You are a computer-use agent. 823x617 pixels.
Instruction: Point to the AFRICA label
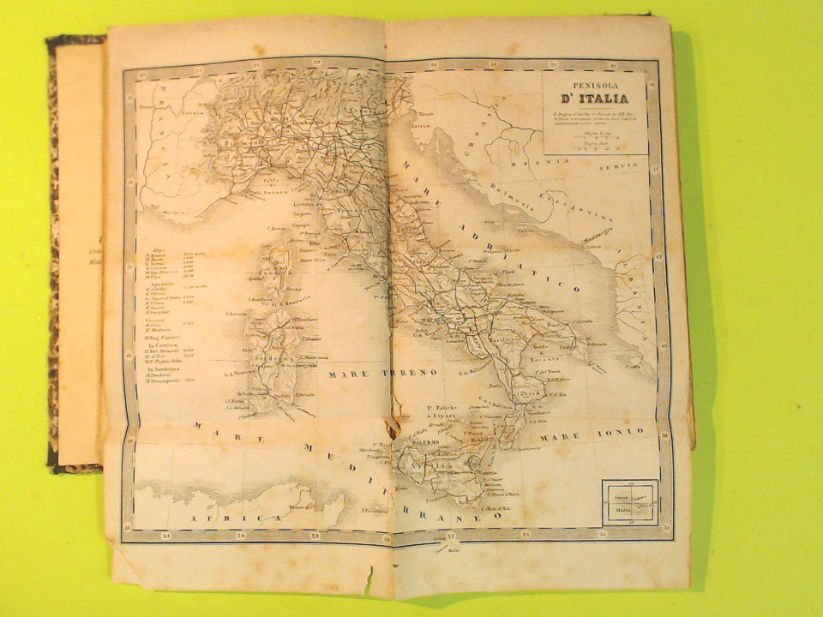(225, 518)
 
